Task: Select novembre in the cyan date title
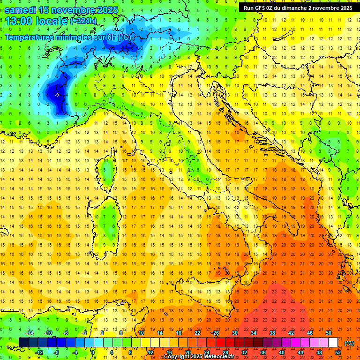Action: (x=73, y=10)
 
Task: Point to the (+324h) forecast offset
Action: (x=83, y=22)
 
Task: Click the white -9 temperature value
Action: (x=56, y=95)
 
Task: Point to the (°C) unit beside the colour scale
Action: (x=349, y=343)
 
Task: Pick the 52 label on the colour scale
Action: (x=338, y=352)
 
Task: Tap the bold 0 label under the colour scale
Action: (x=93, y=352)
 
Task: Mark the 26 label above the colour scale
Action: (x=216, y=333)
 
